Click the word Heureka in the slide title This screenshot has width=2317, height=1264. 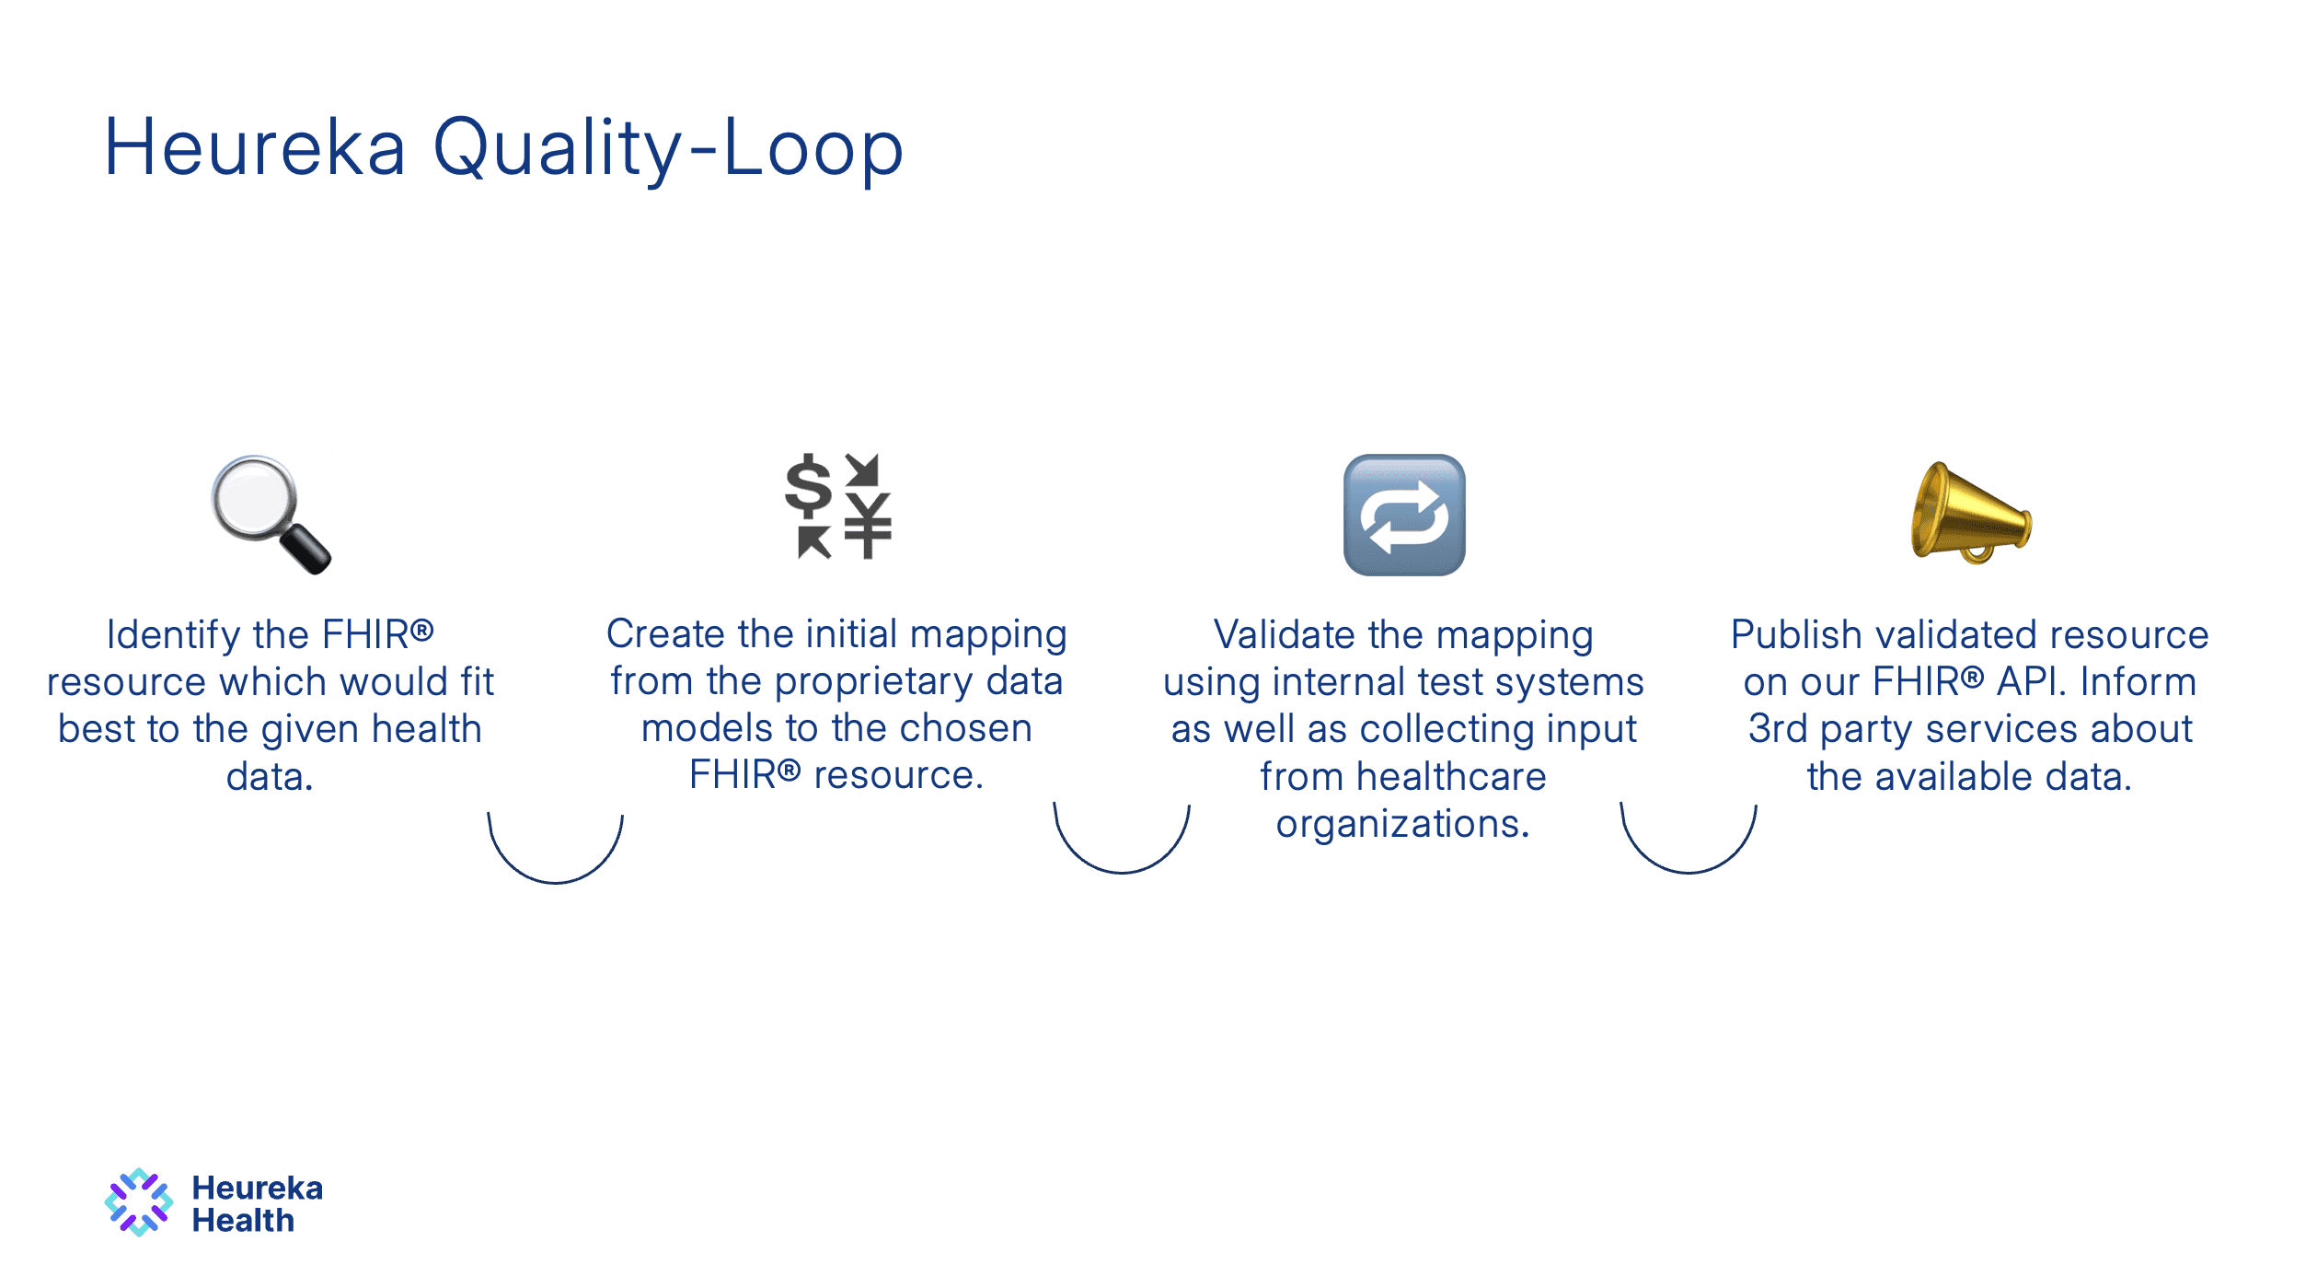(x=255, y=147)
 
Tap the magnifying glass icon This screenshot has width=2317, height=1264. (x=268, y=513)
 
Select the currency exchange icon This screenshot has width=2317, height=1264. (x=837, y=505)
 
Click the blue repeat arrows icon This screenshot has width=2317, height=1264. (x=1403, y=515)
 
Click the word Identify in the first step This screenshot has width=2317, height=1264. (x=173, y=635)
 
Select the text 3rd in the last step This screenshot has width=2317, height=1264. (x=1777, y=729)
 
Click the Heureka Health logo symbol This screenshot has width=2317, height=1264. (x=139, y=1202)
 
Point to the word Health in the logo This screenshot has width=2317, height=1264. (x=243, y=1221)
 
